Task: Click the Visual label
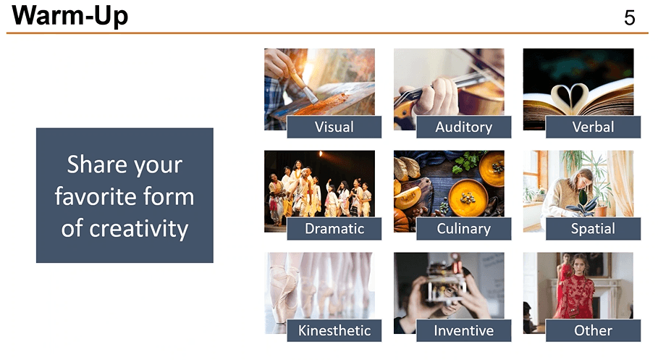334,127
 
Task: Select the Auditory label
464,127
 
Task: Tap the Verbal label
593,127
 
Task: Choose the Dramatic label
334,228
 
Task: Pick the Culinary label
464,228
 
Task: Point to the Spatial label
593,228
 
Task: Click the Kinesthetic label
334,330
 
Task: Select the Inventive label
464,330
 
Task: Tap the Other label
593,330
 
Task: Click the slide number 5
630,17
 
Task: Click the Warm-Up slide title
70,16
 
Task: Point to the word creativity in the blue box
138,229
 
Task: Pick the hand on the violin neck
434,96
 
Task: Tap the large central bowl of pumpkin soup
468,197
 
